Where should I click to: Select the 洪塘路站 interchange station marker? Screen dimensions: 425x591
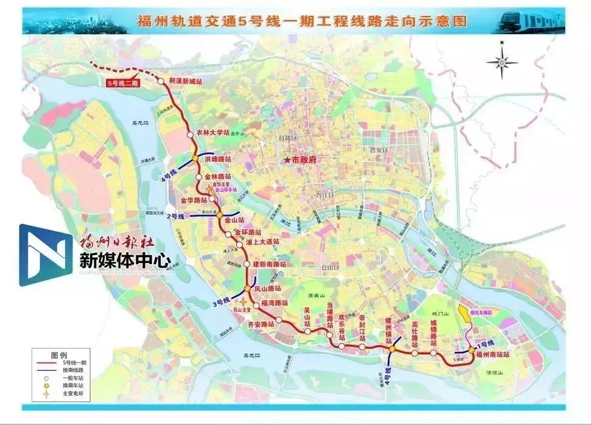[194, 159]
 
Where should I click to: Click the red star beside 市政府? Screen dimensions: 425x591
[285, 160]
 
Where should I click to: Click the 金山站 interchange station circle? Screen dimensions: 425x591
[219, 215]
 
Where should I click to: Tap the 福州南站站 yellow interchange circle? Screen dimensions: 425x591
[471, 350]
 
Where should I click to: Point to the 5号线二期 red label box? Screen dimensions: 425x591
[123, 82]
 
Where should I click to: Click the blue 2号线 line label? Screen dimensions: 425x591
[177, 216]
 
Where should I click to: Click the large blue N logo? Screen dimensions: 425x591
[44, 255]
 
